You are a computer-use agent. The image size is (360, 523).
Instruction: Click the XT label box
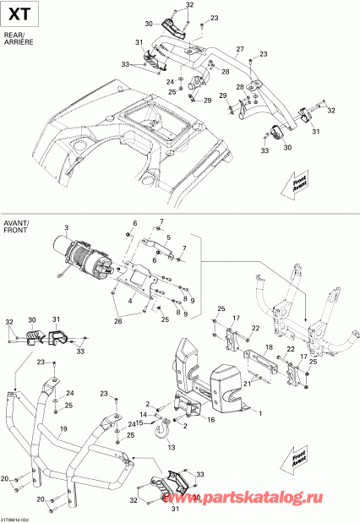[19, 15]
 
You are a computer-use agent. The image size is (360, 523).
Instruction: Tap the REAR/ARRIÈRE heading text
[18, 39]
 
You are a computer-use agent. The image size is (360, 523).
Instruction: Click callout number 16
[210, 419]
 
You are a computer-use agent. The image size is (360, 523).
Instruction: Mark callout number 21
[248, 383]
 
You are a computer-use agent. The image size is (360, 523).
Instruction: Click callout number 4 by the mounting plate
[129, 300]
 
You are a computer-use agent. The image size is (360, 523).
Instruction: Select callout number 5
[168, 237]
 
